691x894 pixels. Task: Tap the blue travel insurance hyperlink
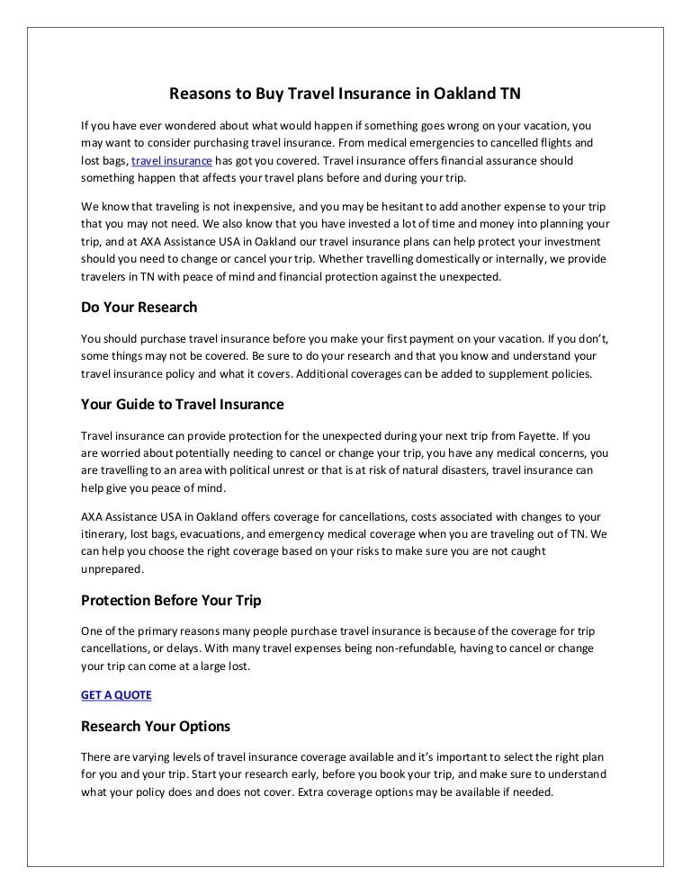172,161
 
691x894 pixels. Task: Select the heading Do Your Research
139,307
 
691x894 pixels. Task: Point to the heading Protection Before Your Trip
171,599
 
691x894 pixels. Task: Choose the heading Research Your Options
156,726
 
